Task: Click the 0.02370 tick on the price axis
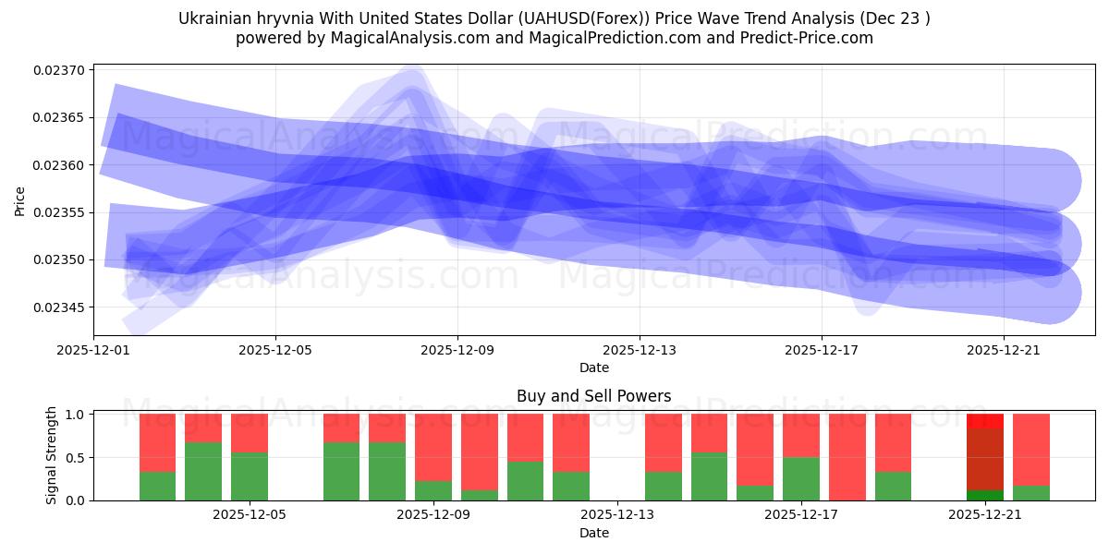[59, 70]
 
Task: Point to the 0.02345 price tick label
[59, 307]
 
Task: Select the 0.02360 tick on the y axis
[59, 165]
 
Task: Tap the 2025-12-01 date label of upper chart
[93, 351]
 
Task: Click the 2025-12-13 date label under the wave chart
[640, 351]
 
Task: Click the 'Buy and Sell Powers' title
[593, 396]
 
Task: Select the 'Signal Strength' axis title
[52, 455]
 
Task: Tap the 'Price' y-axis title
[20, 199]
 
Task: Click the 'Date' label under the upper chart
[593, 367]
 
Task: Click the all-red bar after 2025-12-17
[847, 457]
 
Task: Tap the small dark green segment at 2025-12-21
[984, 495]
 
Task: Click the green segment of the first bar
[157, 486]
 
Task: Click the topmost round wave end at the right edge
[1049, 180]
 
